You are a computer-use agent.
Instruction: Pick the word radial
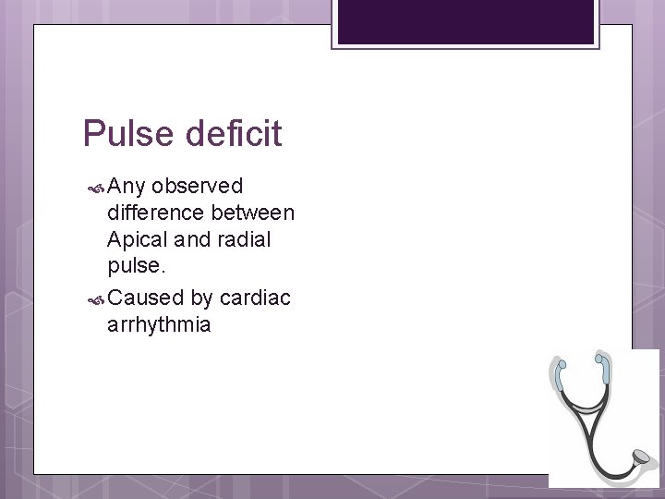[x=241, y=239]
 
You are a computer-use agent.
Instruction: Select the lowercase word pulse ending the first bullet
[x=135, y=266]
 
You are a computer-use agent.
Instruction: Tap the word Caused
[x=145, y=298]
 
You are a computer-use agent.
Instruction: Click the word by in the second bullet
[x=200, y=298]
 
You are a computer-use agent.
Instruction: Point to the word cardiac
[x=255, y=298]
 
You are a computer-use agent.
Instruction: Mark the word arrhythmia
[x=159, y=324]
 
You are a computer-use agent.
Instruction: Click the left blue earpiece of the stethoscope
[x=559, y=366]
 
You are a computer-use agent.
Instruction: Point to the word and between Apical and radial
[x=192, y=239]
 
